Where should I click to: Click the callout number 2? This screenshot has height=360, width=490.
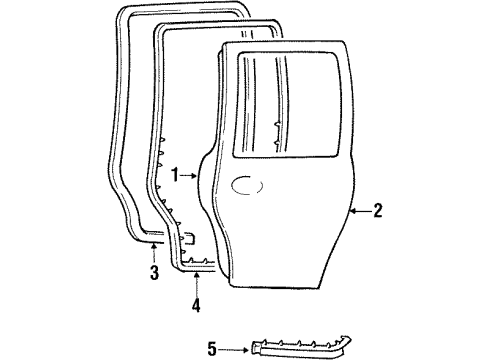pyautogui.click(x=378, y=210)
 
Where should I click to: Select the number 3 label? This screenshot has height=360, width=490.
pyautogui.click(x=153, y=274)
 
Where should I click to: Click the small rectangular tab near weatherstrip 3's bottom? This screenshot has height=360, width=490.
pyautogui.click(x=189, y=238)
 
